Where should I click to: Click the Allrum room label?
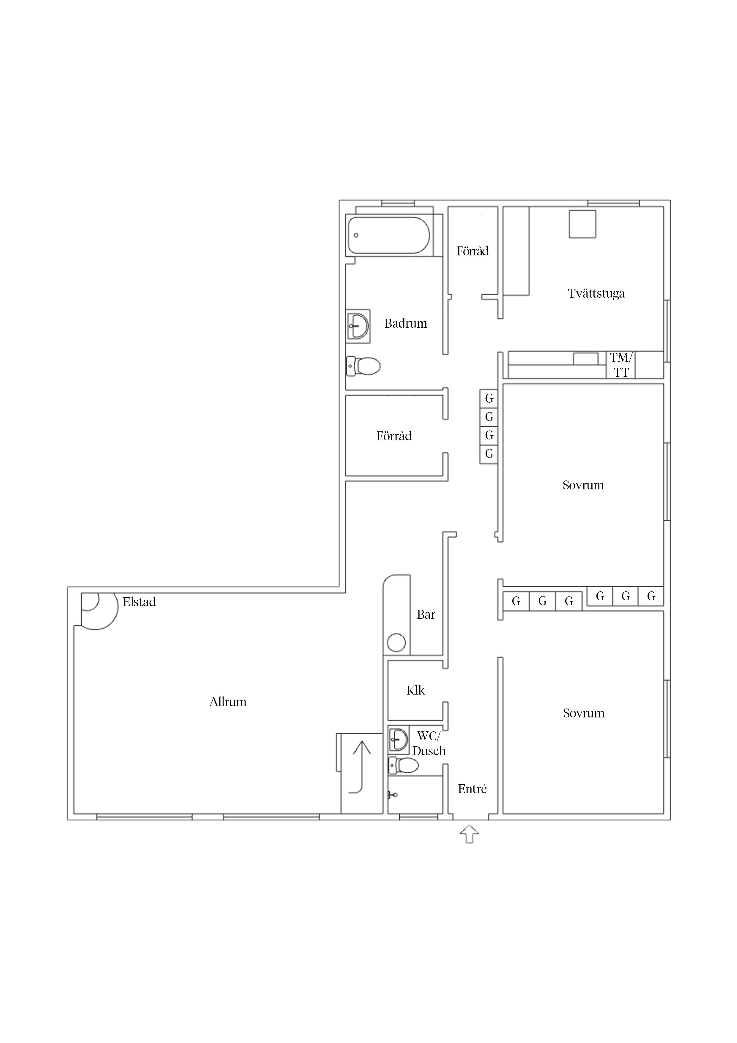(x=228, y=702)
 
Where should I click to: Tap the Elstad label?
(x=139, y=602)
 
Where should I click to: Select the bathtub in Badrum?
(x=389, y=235)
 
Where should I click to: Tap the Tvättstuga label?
(x=596, y=293)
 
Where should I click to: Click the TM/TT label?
(x=621, y=365)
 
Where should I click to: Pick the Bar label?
(x=426, y=615)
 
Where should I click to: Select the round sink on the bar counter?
(x=396, y=642)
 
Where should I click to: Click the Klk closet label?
(x=415, y=690)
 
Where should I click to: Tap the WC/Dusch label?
(x=429, y=743)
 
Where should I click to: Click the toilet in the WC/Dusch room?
(x=403, y=765)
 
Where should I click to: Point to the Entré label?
(x=472, y=789)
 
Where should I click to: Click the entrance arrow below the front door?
(x=469, y=835)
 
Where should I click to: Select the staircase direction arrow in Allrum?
(x=362, y=767)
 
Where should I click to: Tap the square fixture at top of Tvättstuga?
(x=582, y=224)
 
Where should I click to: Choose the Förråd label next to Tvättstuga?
(x=473, y=251)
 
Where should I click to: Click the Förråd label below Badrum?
(x=394, y=436)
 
